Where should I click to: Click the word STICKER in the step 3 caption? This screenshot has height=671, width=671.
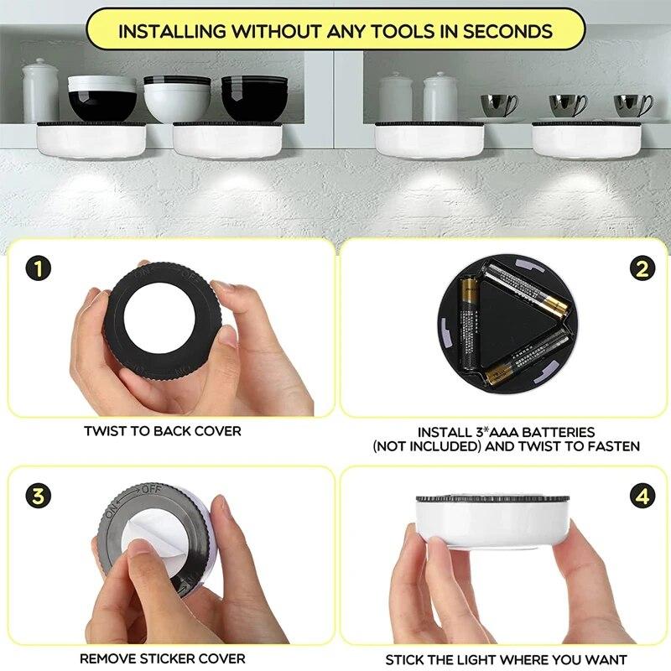pos(164,658)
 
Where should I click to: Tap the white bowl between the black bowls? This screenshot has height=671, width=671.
pos(177,98)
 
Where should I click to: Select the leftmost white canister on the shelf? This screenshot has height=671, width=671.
pos(40,90)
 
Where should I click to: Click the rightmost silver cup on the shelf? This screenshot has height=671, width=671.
pos(632,105)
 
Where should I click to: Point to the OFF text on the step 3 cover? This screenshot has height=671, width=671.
pos(151,489)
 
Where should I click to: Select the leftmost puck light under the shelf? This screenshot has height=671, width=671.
pos(90,139)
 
